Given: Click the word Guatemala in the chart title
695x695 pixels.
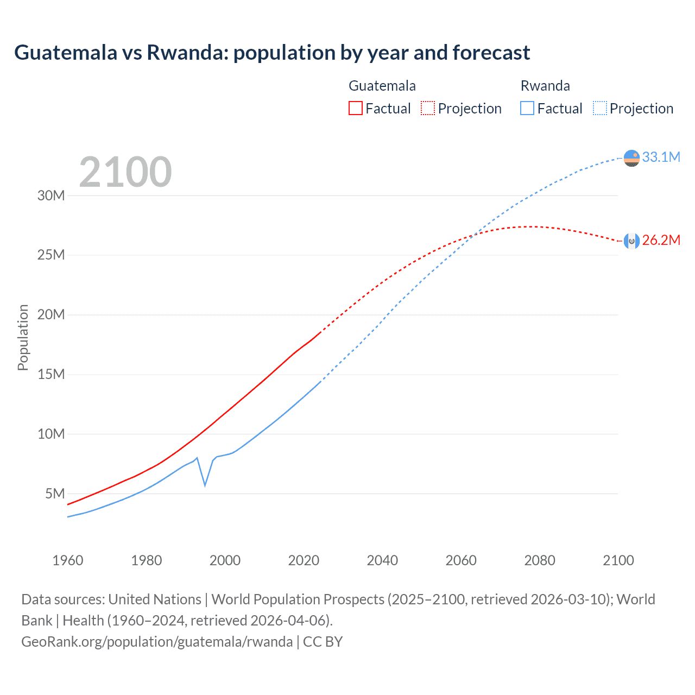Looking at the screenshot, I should click(x=66, y=53).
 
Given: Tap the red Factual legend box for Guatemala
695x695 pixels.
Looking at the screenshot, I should click(x=355, y=109).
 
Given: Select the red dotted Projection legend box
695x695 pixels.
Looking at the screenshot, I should click(x=428, y=109).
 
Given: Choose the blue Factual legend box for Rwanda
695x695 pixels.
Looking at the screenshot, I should click(x=527, y=109).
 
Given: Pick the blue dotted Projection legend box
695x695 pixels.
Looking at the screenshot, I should click(x=599, y=109).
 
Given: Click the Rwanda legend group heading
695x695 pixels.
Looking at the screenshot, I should click(x=545, y=86).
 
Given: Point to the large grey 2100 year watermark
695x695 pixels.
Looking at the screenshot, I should click(x=125, y=172).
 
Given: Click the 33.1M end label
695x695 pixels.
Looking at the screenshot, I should click(x=661, y=157).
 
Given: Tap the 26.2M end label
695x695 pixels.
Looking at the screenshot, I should click(x=661, y=241).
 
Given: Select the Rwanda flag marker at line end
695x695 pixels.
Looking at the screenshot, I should click(x=631, y=158).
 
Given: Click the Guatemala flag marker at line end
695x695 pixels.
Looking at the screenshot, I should click(x=631, y=241).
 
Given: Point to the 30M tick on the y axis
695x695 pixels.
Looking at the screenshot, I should click(x=51, y=195).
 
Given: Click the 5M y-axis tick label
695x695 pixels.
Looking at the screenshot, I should click(x=55, y=494).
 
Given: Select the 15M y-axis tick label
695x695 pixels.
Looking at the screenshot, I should click(x=51, y=374).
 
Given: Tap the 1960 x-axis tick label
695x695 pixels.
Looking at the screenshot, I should click(x=68, y=560).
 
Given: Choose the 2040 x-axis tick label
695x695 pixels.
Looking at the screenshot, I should click(x=382, y=560).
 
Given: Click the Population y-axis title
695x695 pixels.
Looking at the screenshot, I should click(x=23, y=337).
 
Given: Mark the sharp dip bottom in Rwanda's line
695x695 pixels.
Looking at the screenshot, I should click(x=205, y=485).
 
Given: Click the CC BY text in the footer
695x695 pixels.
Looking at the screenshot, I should click(x=323, y=642).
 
